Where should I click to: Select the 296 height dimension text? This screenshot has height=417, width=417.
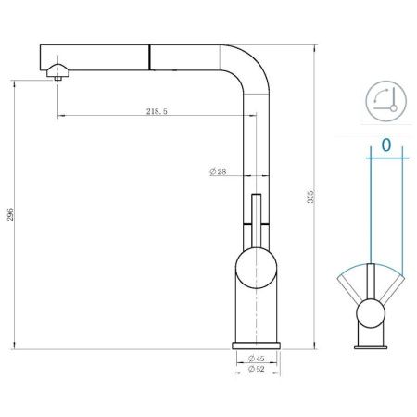tap(10, 215)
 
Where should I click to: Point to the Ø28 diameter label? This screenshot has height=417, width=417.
tap(219, 171)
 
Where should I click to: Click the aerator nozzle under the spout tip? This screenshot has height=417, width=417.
tap(58, 78)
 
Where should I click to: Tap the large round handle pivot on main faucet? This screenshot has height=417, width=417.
tap(254, 271)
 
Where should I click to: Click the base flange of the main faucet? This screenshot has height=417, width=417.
tap(254, 345)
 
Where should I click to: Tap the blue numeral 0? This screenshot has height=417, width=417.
tap(386, 145)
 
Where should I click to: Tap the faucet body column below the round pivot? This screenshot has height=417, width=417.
tap(254, 315)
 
